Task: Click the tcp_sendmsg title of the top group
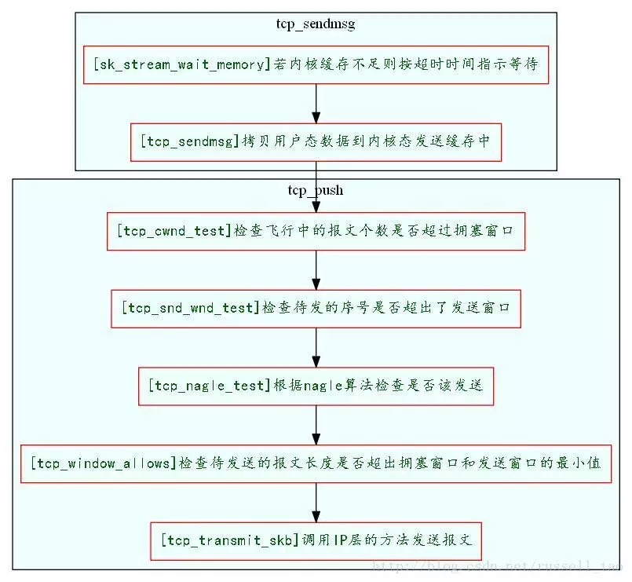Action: point(316,24)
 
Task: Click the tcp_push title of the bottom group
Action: point(316,190)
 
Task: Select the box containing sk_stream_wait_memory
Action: point(316,64)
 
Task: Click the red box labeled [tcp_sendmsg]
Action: point(316,141)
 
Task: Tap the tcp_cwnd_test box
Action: point(316,231)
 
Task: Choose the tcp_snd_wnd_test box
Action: point(316,308)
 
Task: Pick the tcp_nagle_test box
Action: point(316,386)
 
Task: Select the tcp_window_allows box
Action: point(316,463)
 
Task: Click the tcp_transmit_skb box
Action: point(316,540)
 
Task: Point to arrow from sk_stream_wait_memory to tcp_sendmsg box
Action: point(316,103)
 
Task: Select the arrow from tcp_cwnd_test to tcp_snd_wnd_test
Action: point(316,269)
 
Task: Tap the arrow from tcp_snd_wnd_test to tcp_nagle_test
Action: point(316,346)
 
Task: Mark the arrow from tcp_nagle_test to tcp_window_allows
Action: point(316,424)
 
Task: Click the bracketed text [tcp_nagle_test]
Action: point(208,386)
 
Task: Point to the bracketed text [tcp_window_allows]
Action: point(104,463)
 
